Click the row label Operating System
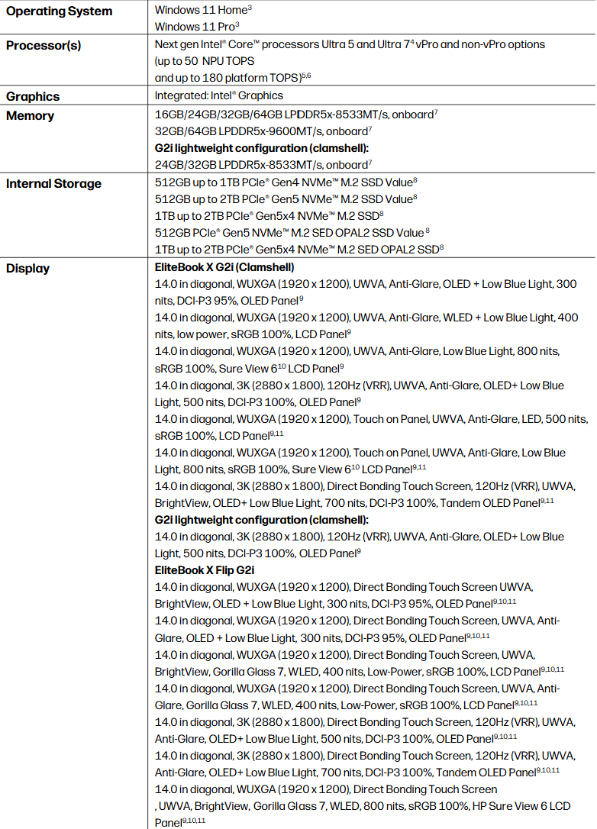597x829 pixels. tap(59, 11)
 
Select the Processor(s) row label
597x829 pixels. tap(44, 45)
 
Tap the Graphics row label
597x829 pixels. tap(33, 96)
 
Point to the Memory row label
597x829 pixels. tap(31, 116)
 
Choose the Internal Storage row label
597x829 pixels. tap(53, 183)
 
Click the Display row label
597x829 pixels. tap(28, 268)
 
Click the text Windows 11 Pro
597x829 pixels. tap(195, 27)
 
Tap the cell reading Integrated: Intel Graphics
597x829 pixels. tap(219, 96)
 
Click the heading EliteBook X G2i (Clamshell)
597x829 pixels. tap(224, 267)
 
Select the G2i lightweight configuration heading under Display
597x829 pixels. tap(262, 520)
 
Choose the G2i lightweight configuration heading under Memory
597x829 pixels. tap(262, 149)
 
